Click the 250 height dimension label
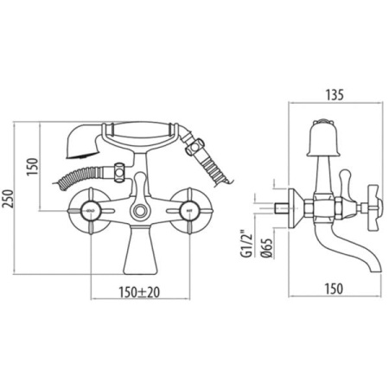[8, 199]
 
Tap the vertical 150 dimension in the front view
[32, 167]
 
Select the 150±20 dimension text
[139, 292]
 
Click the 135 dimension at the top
[335, 95]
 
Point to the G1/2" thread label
[246, 243]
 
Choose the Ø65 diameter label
[267, 248]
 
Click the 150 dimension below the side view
[334, 289]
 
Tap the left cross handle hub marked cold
[91, 211]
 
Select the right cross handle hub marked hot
[188, 211]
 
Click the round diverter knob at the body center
[140, 211]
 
